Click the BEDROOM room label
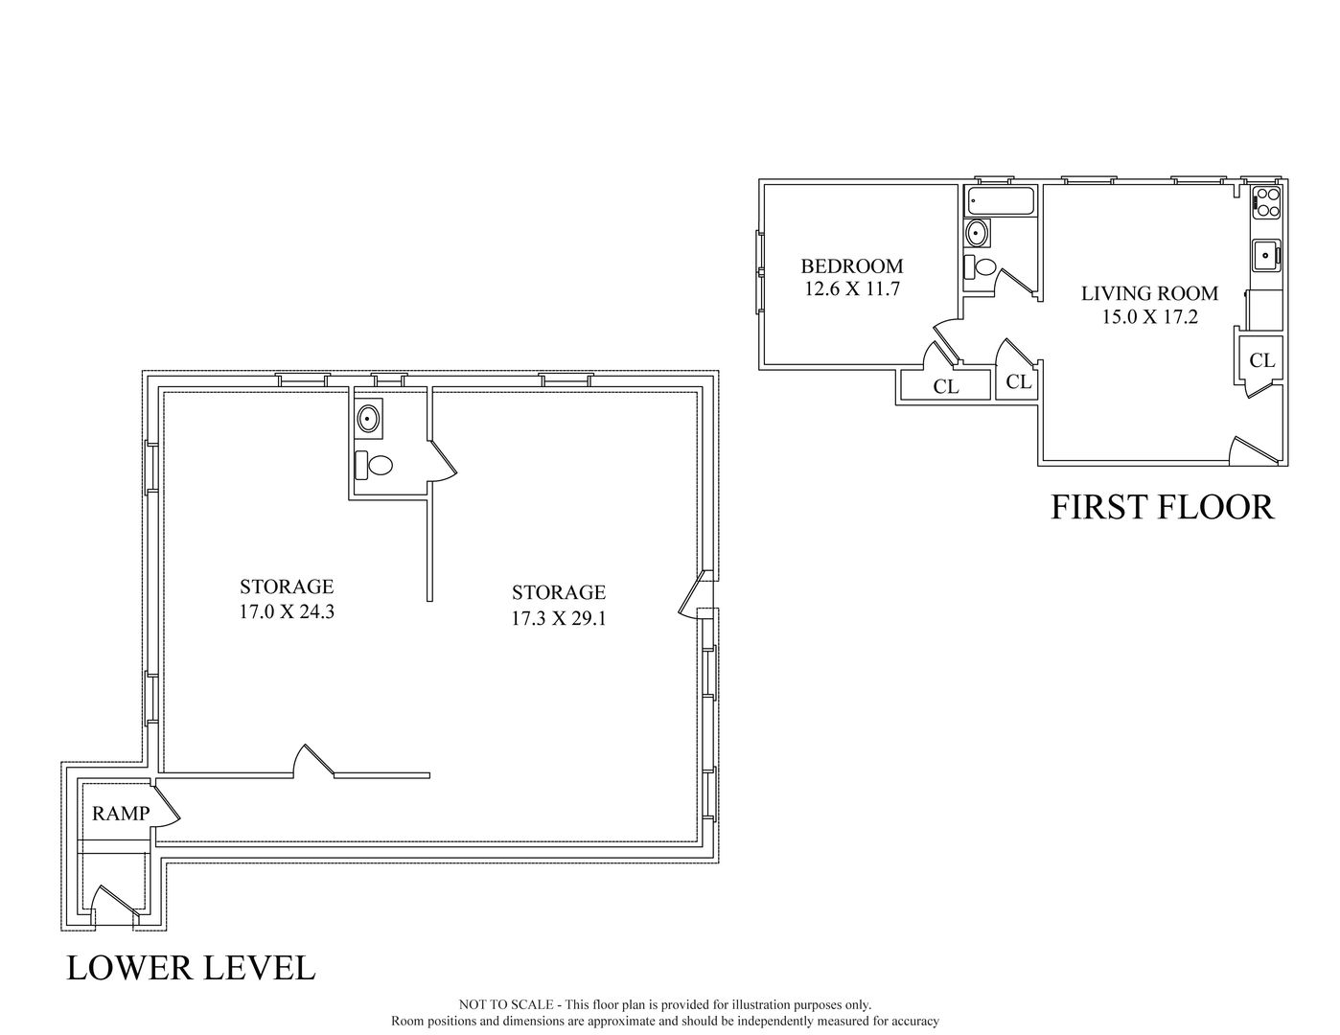pyautogui.click(x=851, y=266)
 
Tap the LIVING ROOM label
pyautogui.click(x=1149, y=293)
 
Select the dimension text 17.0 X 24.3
pyautogui.click(x=286, y=609)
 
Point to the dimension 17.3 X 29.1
pyautogui.click(x=558, y=618)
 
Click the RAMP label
pyautogui.click(x=121, y=814)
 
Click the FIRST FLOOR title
pyautogui.click(x=1162, y=507)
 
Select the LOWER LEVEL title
pyautogui.click(x=191, y=968)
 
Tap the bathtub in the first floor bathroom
pyautogui.click(x=1001, y=201)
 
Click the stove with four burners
pyautogui.click(x=1266, y=203)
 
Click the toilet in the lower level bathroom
pyautogui.click(x=376, y=466)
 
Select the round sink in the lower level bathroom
pyautogui.click(x=368, y=418)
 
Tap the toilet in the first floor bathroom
pyautogui.click(x=981, y=265)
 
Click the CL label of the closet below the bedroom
pyautogui.click(x=945, y=387)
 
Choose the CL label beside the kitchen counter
pyautogui.click(x=1262, y=360)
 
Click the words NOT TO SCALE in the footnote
pyautogui.click(x=505, y=1004)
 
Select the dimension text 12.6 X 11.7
pyautogui.click(x=851, y=288)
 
